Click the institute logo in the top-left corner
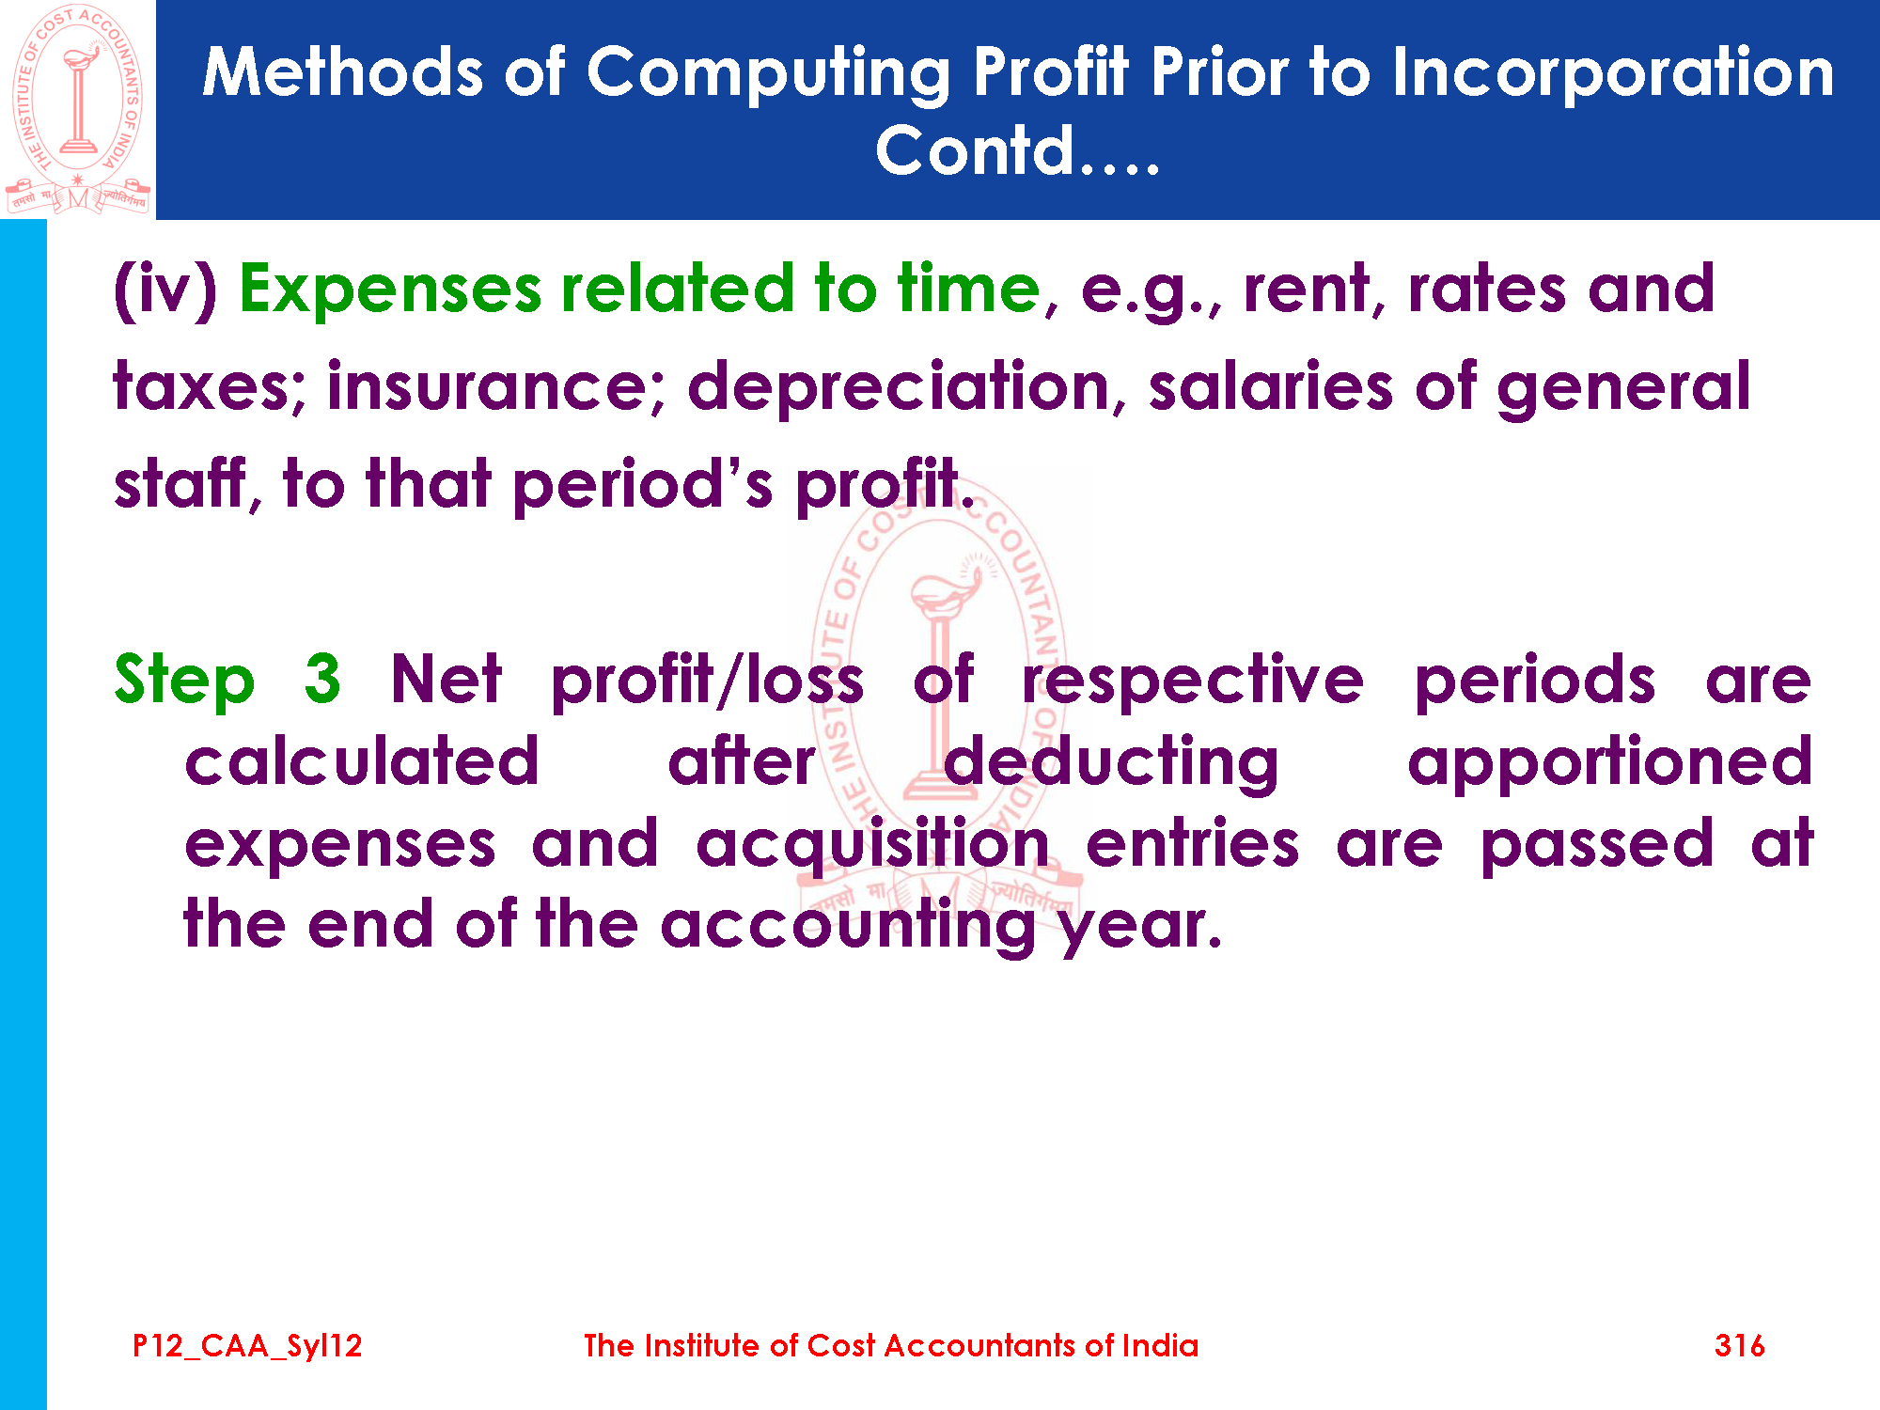coord(77,109)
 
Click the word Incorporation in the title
coord(1613,73)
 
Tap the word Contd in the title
coord(975,150)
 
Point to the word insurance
coord(495,387)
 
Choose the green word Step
coord(184,681)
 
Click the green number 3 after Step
coord(322,679)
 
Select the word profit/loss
coord(707,681)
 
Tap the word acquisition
coord(872,844)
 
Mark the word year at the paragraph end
coord(1140,927)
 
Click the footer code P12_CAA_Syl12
coord(247,1346)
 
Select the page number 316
coord(1739,1346)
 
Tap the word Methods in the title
coord(343,73)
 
